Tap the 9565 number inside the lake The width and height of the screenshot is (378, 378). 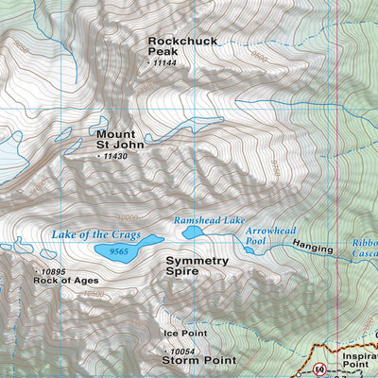(x=118, y=251)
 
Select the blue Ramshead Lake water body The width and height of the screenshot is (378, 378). (x=194, y=232)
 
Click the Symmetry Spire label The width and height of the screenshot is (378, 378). (x=197, y=266)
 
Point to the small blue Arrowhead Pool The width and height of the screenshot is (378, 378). (x=254, y=242)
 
